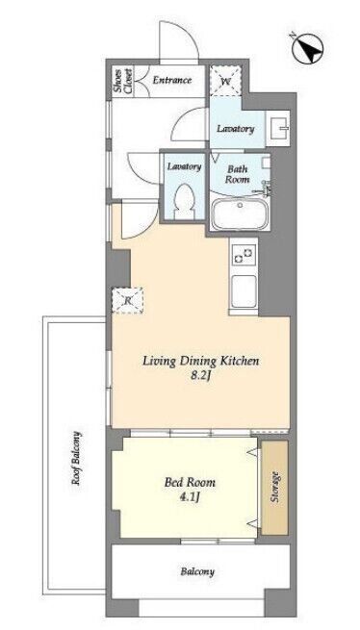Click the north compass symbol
point(308,49)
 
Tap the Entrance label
point(171,80)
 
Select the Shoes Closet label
point(122,82)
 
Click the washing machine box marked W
point(225,81)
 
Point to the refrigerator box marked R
point(127,300)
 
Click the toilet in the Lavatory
point(185,202)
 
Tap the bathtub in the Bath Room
point(240,214)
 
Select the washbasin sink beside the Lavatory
point(277,128)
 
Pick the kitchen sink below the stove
point(244,291)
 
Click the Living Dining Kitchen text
point(201,362)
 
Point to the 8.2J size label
point(200,378)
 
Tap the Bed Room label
point(190,482)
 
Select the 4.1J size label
point(190,498)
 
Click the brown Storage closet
point(274,488)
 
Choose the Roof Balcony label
point(76,458)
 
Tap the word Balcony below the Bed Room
point(197,571)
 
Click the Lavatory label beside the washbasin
point(236,129)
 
